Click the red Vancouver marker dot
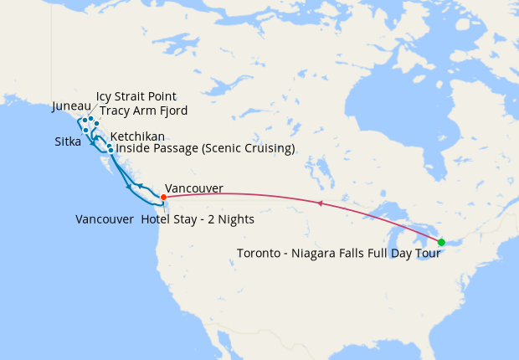[163, 198]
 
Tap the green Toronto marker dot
[441, 242]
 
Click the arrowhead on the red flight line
[319, 203]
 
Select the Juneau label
[69, 106]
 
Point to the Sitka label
[67, 142]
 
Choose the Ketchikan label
[137, 136]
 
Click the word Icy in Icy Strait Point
[105, 96]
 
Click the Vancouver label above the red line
[194, 188]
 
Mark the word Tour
[427, 253]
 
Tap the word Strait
[132, 96]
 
